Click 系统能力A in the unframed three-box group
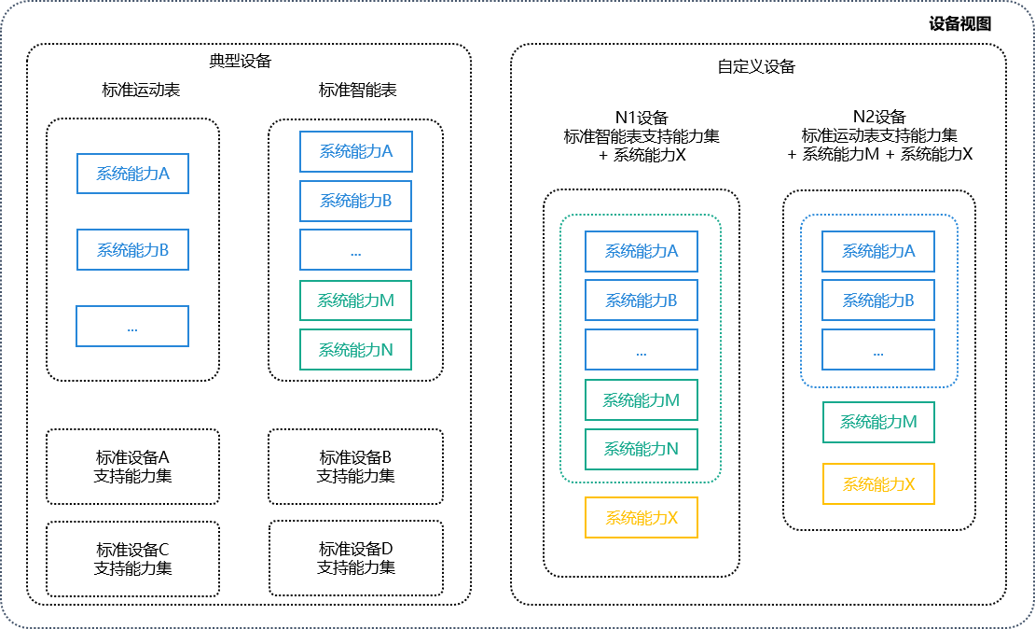[x=132, y=174]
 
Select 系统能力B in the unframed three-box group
[x=132, y=250]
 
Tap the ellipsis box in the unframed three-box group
[x=132, y=327]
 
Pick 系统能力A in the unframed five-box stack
[x=355, y=151]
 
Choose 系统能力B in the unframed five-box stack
[x=355, y=201]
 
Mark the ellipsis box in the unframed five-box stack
[x=355, y=250]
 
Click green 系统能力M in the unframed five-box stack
[x=355, y=301]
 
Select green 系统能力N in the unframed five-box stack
[x=355, y=350]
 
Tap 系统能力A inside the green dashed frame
[x=642, y=251]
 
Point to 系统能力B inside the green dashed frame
[x=642, y=301]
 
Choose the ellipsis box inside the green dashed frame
[x=642, y=350]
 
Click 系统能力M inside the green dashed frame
[x=642, y=400]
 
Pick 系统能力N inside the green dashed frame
[x=642, y=449]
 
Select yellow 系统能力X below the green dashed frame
[x=642, y=518]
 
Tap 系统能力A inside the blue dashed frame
[x=878, y=251]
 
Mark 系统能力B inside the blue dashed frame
[x=878, y=301]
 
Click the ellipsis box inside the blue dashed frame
[x=878, y=350]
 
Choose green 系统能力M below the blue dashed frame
[x=878, y=422]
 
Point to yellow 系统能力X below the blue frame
[x=878, y=484]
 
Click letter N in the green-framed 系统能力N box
[x=672, y=449]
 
